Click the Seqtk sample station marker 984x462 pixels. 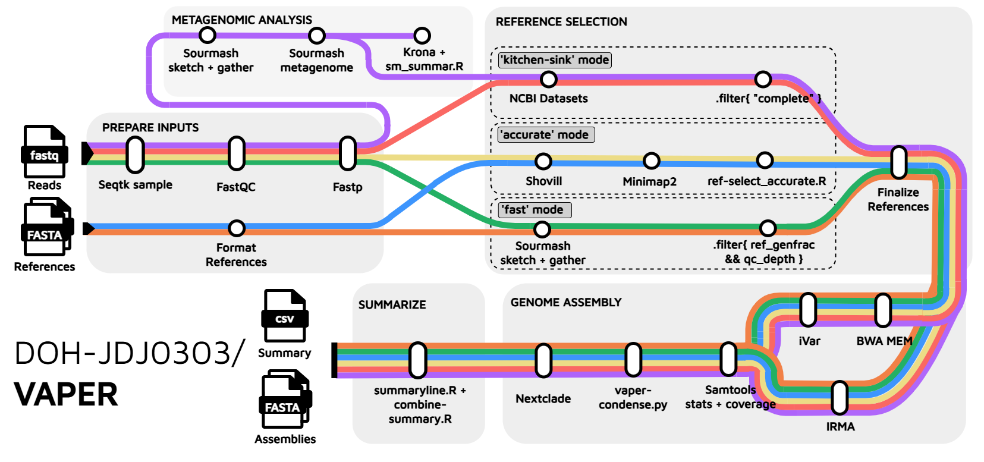(x=136, y=155)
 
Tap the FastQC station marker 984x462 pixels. (x=237, y=153)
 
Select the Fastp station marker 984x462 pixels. (x=347, y=153)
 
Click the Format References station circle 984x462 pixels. (x=237, y=228)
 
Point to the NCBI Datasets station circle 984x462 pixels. (x=548, y=79)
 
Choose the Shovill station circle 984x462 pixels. (x=543, y=161)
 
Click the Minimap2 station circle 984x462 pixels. (x=652, y=161)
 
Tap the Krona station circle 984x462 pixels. (x=422, y=36)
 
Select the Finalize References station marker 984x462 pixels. (x=899, y=162)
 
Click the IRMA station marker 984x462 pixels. (x=840, y=398)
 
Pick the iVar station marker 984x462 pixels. (x=808, y=309)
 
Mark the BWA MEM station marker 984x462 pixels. (x=883, y=310)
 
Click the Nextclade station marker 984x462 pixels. (x=543, y=360)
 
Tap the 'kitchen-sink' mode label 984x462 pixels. (x=555, y=60)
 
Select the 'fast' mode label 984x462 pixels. (x=534, y=210)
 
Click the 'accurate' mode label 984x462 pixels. (x=546, y=135)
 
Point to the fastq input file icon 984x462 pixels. (x=45, y=152)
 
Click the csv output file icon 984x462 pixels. (x=285, y=316)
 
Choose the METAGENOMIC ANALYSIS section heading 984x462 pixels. (x=241, y=20)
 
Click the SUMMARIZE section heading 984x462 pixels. (x=392, y=305)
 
